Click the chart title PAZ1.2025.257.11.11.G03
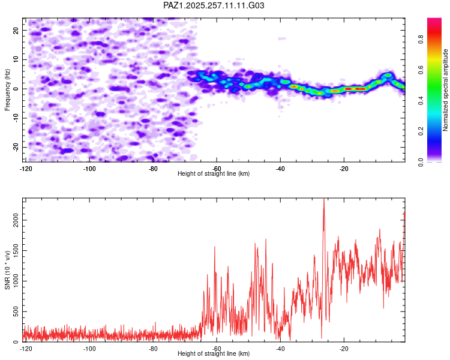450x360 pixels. click(x=214, y=5)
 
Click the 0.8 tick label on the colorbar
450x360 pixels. click(x=421, y=39)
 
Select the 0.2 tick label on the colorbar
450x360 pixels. click(x=421, y=131)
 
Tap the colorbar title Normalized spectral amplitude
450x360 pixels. click(x=445, y=90)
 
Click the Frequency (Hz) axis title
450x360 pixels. click(x=7, y=90)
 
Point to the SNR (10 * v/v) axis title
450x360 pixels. click(x=7, y=270)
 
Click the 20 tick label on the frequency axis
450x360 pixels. click(x=16, y=30)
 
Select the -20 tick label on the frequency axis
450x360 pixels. click(x=16, y=147)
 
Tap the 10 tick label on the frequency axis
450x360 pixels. click(x=16, y=59)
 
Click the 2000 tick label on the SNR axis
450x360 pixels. click(x=16, y=220)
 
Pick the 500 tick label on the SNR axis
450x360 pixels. click(x=16, y=311)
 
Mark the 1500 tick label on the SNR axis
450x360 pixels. click(x=16, y=250)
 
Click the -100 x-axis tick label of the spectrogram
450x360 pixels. click(x=89, y=169)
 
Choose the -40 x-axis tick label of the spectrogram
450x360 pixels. click(x=280, y=169)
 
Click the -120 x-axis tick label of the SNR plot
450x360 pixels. click(x=26, y=349)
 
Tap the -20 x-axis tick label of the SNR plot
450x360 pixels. click(x=344, y=349)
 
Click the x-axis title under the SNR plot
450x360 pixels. click(x=214, y=353)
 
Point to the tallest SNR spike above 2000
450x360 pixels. click(x=324, y=199)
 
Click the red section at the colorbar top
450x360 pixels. click(x=434, y=32)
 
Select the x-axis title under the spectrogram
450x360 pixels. click(x=214, y=173)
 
